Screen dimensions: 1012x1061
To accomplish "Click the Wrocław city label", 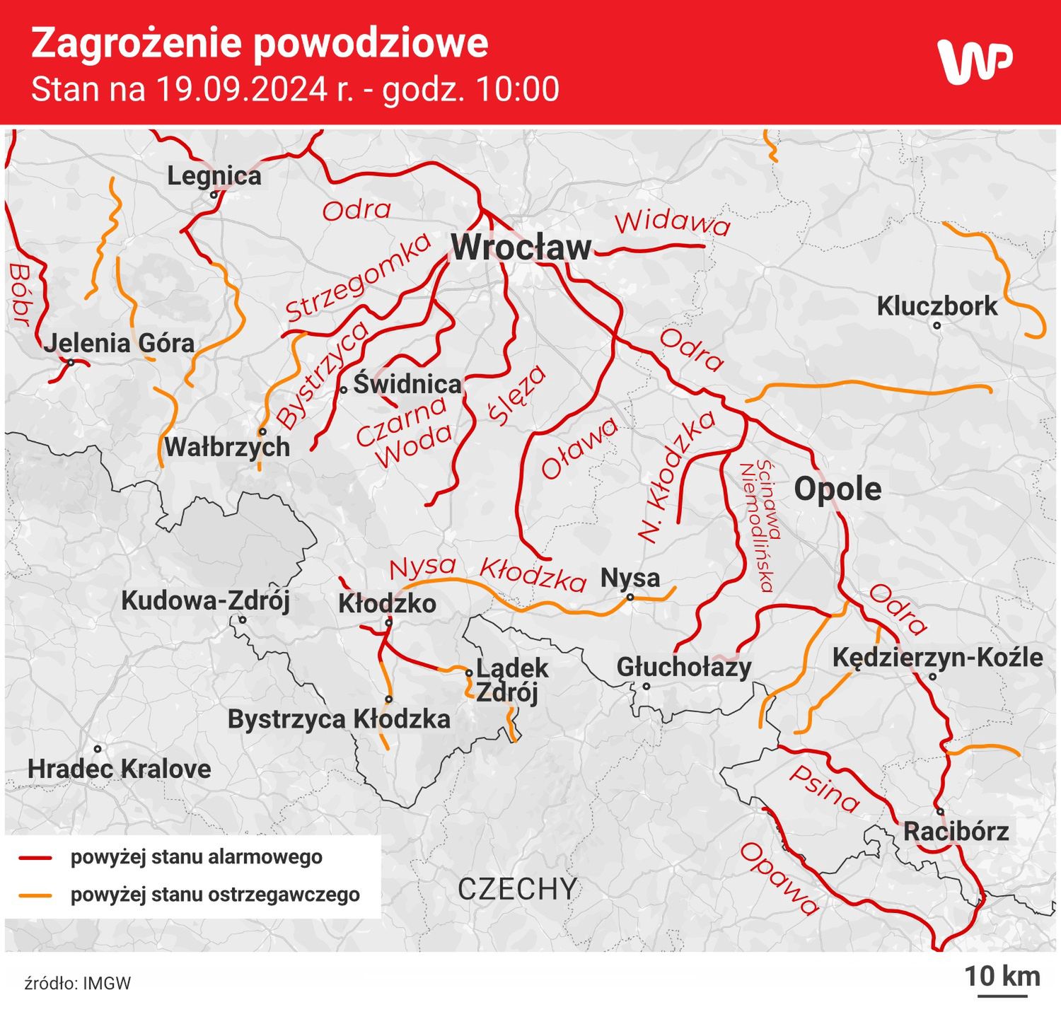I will pos(521,248).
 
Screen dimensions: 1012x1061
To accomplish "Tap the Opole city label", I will pos(837,489).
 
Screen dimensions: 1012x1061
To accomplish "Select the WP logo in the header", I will pos(974,61).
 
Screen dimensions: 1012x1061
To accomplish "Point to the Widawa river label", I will pos(672,222).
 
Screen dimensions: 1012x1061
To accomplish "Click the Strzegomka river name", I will pos(358,278).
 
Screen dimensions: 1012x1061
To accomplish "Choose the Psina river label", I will pos(825,788).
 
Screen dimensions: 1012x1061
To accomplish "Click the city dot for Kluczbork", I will pos(937,325).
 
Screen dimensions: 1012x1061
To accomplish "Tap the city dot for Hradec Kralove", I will pos(98,749).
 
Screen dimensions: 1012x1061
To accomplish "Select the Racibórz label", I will pos(956,831).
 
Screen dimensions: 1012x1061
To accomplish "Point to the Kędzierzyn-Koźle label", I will pos(937,657).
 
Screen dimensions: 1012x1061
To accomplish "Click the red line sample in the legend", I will pos(35,858).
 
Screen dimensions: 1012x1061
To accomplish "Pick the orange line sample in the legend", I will pos(35,895).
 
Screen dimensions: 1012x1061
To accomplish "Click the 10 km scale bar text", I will pos(1002,977).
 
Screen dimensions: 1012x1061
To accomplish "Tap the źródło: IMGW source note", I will pos(78,983).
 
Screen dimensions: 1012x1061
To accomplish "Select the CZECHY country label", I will pos(517,889).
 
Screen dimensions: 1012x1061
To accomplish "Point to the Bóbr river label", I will pos(20,294).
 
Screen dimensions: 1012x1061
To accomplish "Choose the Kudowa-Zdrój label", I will pos(205,600).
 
